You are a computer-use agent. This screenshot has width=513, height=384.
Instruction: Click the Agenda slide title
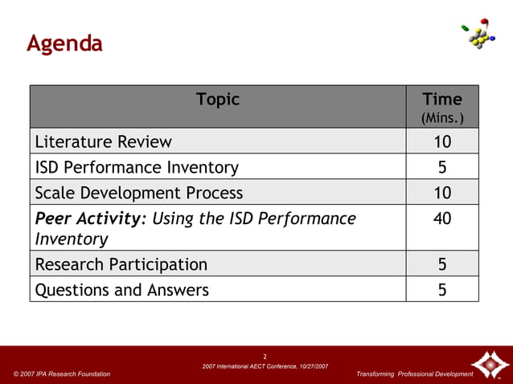pyautogui.click(x=64, y=43)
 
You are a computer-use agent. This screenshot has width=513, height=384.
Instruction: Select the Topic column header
pyautogui.click(x=217, y=100)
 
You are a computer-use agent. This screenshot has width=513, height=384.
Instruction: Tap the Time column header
pyautogui.click(x=442, y=99)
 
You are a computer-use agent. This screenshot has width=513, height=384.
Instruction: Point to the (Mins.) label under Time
pyautogui.click(x=442, y=118)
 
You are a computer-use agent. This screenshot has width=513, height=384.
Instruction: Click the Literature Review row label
pyautogui.click(x=103, y=142)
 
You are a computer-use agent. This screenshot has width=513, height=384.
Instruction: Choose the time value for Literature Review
pyautogui.click(x=442, y=142)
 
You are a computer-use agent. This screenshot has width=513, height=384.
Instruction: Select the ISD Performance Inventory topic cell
pyautogui.click(x=137, y=167)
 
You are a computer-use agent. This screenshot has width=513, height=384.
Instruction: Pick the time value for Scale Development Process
pyautogui.click(x=442, y=193)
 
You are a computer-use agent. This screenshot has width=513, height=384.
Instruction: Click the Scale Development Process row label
pyautogui.click(x=138, y=193)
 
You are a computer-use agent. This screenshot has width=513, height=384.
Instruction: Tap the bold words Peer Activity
pyautogui.click(x=88, y=219)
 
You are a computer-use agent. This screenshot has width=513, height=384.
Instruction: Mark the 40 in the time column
pyautogui.click(x=442, y=219)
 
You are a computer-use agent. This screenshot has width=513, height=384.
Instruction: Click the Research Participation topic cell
pyautogui.click(x=121, y=264)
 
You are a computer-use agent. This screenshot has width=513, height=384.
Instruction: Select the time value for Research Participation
pyautogui.click(x=442, y=264)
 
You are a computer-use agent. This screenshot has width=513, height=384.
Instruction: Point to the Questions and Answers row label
pyautogui.click(x=121, y=290)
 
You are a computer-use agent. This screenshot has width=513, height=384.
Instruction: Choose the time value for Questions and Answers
pyautogui.click(x=442, y=290)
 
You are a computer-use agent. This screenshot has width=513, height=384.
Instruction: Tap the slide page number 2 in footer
pyautogui.click(x=265, y=356)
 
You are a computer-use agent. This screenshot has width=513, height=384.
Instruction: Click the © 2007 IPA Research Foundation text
pyautogui.click(x=62, y=374)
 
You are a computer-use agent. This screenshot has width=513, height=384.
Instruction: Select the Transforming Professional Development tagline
pyautogui.click(x=414, y=374)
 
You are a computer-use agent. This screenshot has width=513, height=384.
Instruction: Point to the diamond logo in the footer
pyautogui.click(x=487, y=364)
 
